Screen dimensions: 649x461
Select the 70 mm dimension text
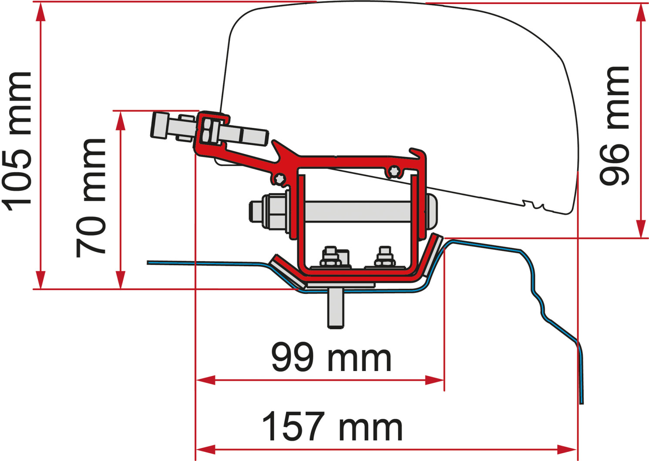[91, 198]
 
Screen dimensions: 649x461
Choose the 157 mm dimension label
[333, 427]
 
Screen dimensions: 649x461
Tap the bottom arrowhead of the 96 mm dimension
[640, 229]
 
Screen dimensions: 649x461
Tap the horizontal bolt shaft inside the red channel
[357, 210]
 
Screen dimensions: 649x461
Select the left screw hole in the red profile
[279, 177]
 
